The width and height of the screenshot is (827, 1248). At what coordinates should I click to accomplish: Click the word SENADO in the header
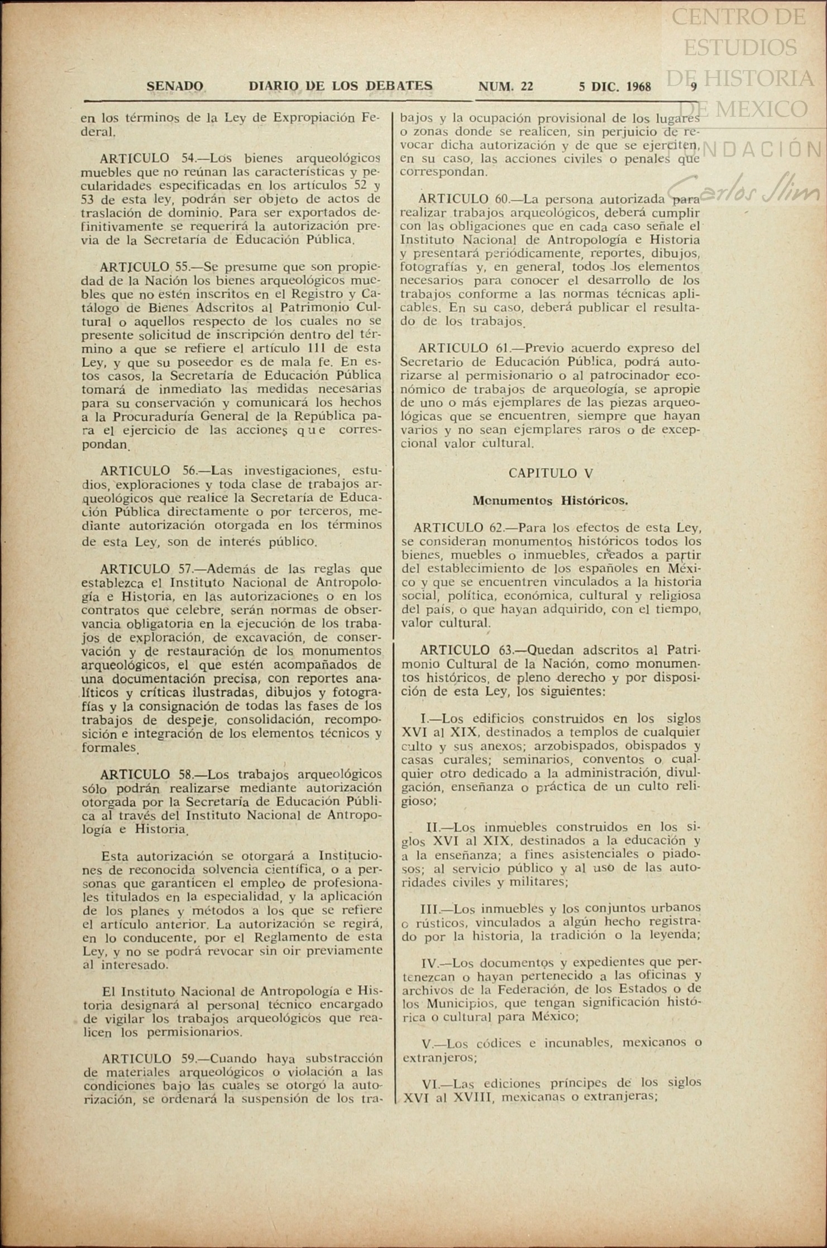tap(175, 87)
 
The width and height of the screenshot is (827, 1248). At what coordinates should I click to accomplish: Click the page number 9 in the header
tap(694, 87)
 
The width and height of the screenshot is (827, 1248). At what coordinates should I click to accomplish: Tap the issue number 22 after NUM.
tap(526, 87)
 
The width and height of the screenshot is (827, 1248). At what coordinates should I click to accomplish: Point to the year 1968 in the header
tap(638, 87)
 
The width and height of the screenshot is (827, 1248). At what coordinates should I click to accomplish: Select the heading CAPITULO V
tap(550, 473)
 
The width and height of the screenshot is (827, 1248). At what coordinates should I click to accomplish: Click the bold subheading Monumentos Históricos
tap(550, 501)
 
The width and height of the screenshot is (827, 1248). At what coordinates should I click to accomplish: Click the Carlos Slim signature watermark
tap(743, 191)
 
